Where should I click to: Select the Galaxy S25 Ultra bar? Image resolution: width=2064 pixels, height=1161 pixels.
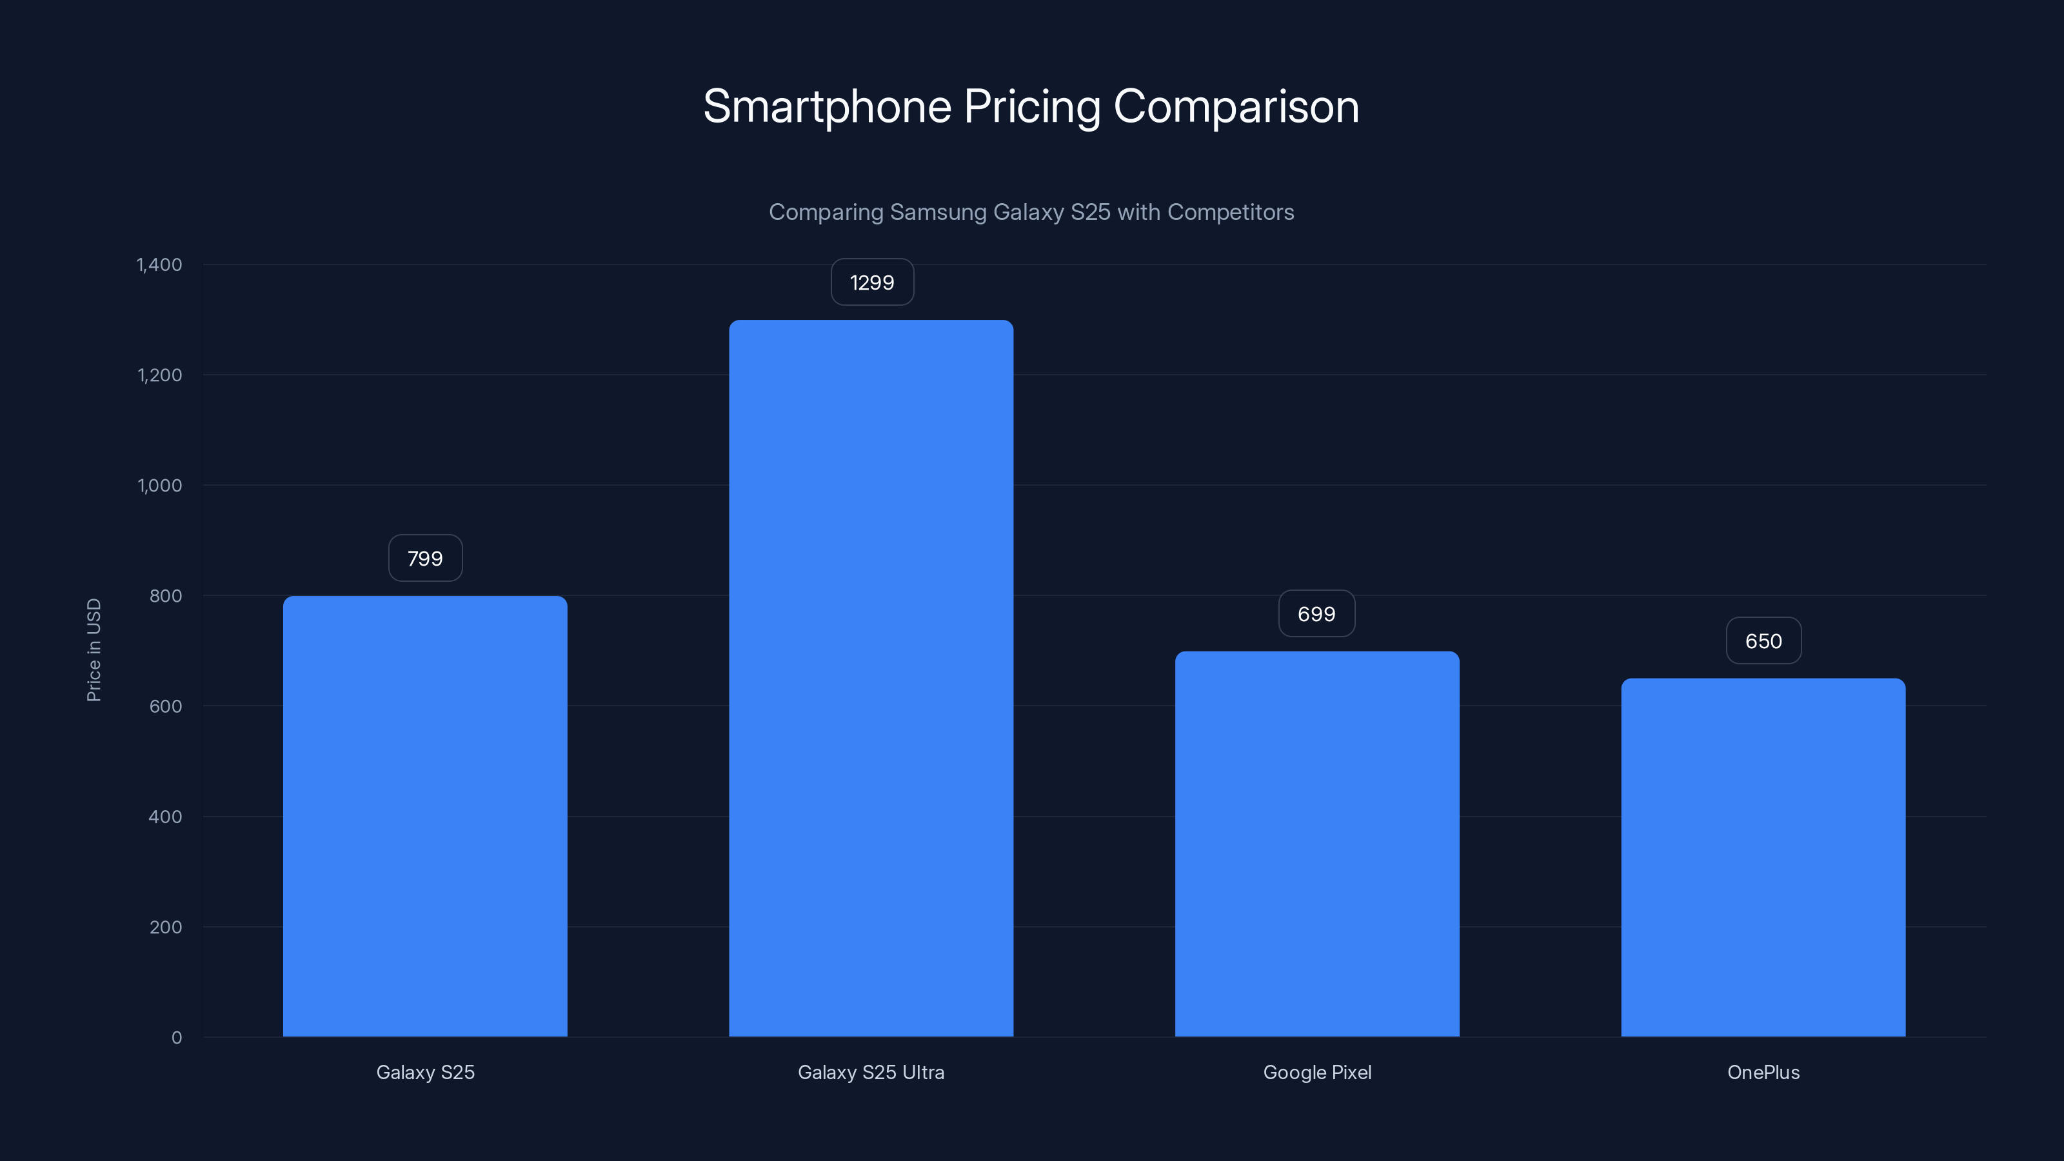click(871, 678)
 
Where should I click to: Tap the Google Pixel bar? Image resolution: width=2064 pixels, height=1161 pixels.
click(1316, 844)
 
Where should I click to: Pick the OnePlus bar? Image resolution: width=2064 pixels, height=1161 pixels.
click(1763, 857)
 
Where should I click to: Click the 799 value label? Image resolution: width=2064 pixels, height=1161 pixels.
click(424, 559)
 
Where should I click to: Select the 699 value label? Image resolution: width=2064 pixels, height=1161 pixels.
click(1316, 614)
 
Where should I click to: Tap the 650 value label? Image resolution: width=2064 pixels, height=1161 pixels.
click(1763, 641)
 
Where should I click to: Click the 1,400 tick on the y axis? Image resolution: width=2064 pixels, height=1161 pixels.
click(159, 264)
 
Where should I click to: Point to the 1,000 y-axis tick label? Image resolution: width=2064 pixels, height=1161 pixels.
click(159, 486)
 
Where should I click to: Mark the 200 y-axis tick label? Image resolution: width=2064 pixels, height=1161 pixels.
click(165, 927)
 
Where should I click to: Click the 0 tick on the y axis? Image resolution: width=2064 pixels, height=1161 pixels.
click(176, 1038)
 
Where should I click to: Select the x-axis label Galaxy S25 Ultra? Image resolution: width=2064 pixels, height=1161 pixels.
click(871, 1072)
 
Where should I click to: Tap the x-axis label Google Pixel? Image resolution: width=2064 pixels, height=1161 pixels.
click(1316, 1072)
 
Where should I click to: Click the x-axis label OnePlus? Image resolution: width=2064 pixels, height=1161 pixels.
click(1763, 1072)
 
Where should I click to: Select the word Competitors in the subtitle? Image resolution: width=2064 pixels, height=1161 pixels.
click(1230, 212)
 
